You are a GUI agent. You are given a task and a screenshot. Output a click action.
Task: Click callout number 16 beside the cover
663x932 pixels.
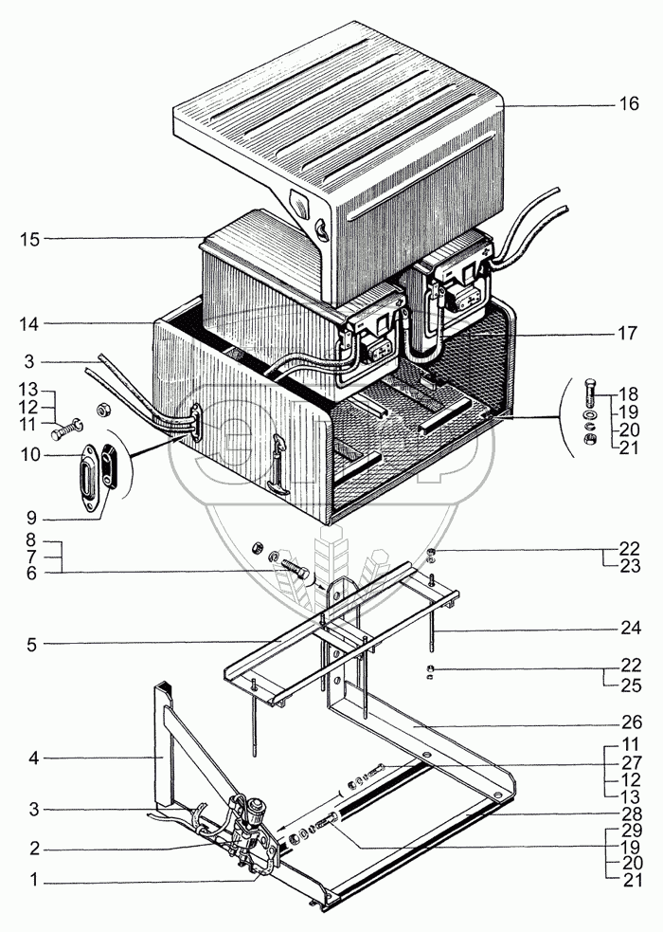[x=629, y=104]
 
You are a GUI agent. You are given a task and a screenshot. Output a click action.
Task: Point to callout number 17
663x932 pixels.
[x=627, y=334]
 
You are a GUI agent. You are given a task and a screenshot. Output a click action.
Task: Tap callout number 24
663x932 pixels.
[x=629, y=628]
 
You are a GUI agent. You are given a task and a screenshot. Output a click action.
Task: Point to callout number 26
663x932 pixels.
[x=629, y=722]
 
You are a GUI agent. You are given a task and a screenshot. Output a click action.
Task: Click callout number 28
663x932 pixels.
[x=629, y=813]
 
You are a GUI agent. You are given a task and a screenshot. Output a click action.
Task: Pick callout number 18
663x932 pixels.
[x=629, y=393]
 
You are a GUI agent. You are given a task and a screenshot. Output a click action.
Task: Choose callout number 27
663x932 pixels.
[x=629, y=761]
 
